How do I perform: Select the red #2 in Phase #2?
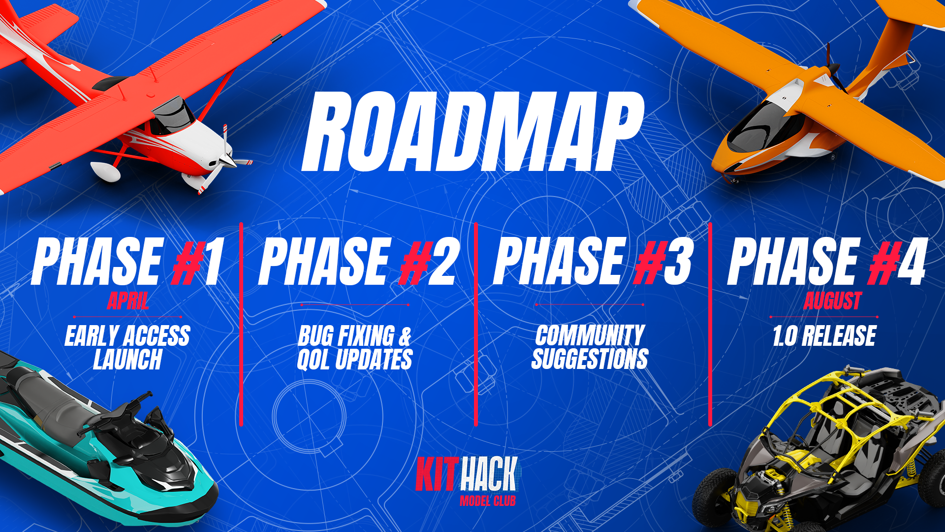point(429,262)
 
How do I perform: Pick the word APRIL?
point(128,301)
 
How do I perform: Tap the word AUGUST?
point(832,301)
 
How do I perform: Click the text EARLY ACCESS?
point(127,336)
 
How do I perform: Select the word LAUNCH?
point(127,359)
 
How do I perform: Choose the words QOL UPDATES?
point(354,359)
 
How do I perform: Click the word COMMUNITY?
point(590,335)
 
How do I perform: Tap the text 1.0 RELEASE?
point(824,336)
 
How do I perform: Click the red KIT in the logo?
point(437,474)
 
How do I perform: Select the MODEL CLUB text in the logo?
point(487,501)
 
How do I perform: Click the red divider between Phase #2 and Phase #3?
point(476,324)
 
